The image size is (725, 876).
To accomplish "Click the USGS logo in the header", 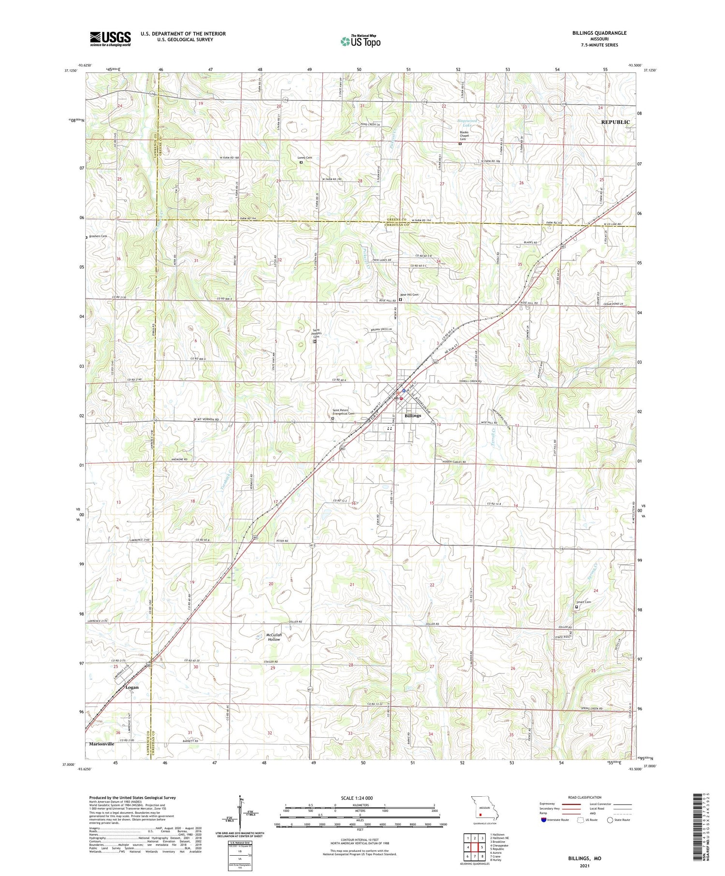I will (110, 39).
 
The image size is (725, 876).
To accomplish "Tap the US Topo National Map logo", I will (360, 41).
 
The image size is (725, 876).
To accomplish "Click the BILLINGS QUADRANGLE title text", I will (599, 33).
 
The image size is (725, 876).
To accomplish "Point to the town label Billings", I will (413, 416).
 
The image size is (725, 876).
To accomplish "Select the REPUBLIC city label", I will (615, 122).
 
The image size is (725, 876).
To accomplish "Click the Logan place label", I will (131, 687).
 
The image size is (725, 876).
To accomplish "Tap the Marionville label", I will (101, 744).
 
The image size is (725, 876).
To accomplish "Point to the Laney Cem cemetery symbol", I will (301, 163).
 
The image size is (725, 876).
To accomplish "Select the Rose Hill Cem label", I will (409, 295).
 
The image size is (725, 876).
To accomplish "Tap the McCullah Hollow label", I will (274, 637).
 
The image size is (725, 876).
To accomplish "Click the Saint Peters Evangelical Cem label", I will (343, 412).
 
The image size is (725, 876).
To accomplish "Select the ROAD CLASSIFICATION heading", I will (585, 797).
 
